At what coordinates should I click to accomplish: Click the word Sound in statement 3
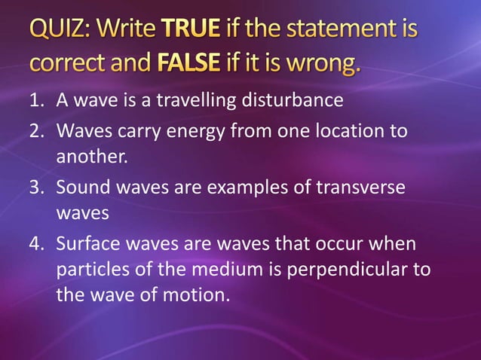pyautogui.click(x=83, y=187)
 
